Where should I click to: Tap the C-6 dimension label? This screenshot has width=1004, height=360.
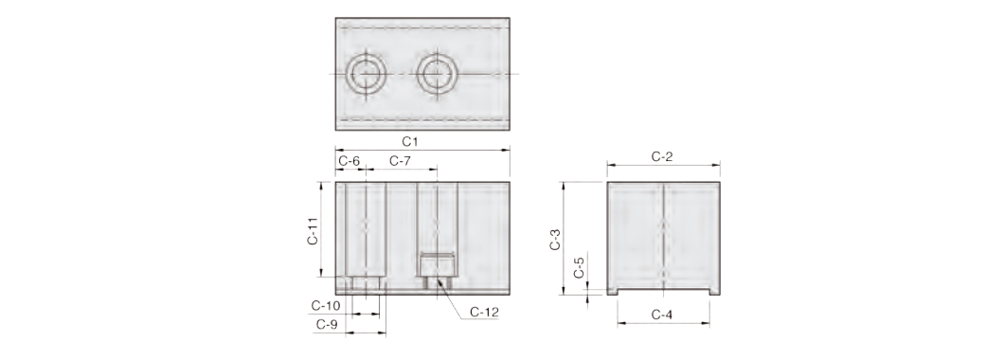[349, 161]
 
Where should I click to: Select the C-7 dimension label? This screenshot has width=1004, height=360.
[400, 161]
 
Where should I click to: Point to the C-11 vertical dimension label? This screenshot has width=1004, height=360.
[313, 230]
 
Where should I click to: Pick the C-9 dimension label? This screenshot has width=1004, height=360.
[327, 325]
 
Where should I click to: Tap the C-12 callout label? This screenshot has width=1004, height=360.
[484, 312]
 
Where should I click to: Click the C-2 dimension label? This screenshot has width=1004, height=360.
[662, 156]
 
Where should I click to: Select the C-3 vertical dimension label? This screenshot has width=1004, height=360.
[556, 239]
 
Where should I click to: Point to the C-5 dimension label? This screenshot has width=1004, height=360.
[579, 268]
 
